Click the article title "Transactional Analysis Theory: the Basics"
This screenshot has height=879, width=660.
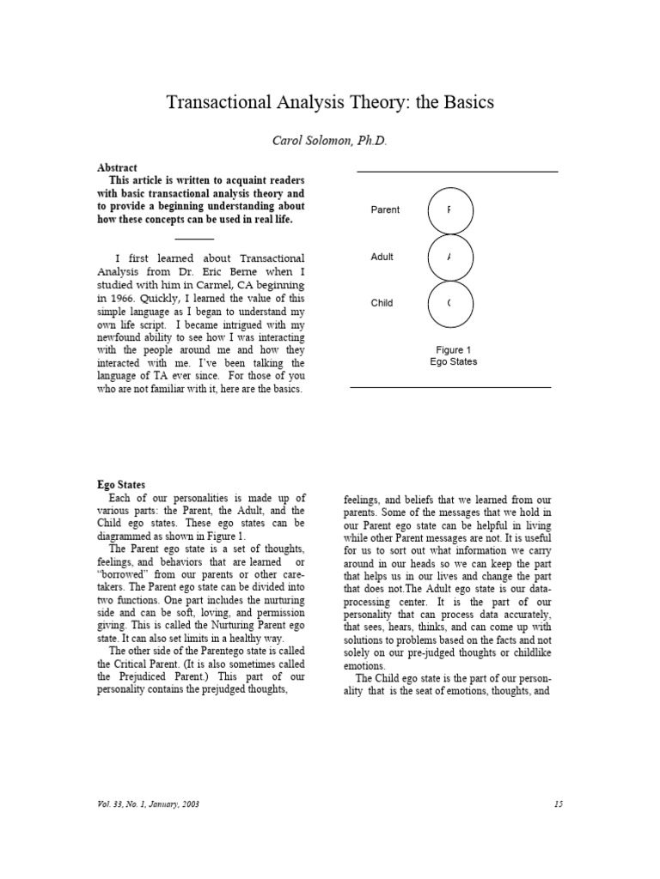(329, 102)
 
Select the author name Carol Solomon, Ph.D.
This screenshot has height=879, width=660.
(329, 141)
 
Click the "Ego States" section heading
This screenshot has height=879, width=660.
(121, 485)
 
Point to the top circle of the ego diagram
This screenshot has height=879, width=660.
(449, 210)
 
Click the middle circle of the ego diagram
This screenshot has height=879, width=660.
(449, 257)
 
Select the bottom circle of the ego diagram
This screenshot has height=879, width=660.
(449, 304)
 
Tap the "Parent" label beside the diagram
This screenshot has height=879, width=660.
(384, 210)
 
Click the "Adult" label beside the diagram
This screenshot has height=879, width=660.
(382, 257)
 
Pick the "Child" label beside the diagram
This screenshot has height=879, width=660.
(382, 303)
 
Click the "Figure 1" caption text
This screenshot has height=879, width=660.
(453, 350)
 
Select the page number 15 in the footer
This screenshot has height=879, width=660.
(558, 803)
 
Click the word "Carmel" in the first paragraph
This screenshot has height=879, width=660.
(212, 285)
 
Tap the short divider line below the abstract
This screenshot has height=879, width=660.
(194, 239)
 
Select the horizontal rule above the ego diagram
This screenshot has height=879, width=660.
(457, 172)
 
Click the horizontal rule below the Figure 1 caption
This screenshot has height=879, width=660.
(450, 387)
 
